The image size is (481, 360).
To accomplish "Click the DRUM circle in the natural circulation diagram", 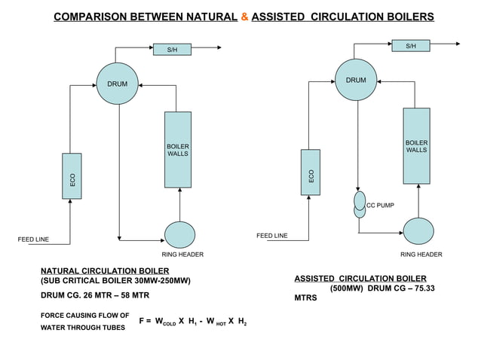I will (117, 84).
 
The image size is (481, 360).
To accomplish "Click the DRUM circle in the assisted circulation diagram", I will (356, 80).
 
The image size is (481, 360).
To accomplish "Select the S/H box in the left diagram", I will (172, 50).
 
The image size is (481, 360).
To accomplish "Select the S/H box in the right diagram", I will (410, 46).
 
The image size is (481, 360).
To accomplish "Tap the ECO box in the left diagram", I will (72, 176).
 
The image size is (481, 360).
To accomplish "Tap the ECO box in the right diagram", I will (310, 175).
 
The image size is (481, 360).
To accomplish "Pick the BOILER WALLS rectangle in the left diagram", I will (178, 149).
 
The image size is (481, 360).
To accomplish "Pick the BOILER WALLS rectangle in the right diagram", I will (416, 145).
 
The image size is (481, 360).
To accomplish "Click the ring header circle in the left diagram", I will (179, 234).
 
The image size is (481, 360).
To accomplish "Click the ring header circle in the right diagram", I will (418, 230).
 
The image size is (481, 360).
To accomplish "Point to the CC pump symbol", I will (360, 205).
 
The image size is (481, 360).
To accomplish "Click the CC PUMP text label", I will (380, 205).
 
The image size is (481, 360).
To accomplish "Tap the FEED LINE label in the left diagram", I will (33, 239).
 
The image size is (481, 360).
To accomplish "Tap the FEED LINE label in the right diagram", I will (271, 236).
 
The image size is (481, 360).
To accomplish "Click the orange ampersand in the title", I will (245, 17).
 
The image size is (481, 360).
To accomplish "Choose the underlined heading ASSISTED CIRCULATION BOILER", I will (360, 278).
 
